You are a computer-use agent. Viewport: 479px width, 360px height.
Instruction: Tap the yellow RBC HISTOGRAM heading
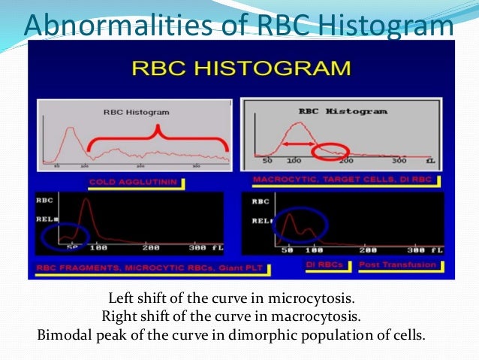(240, 68)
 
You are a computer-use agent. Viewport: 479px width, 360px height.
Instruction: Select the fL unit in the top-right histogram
(430, 162)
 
